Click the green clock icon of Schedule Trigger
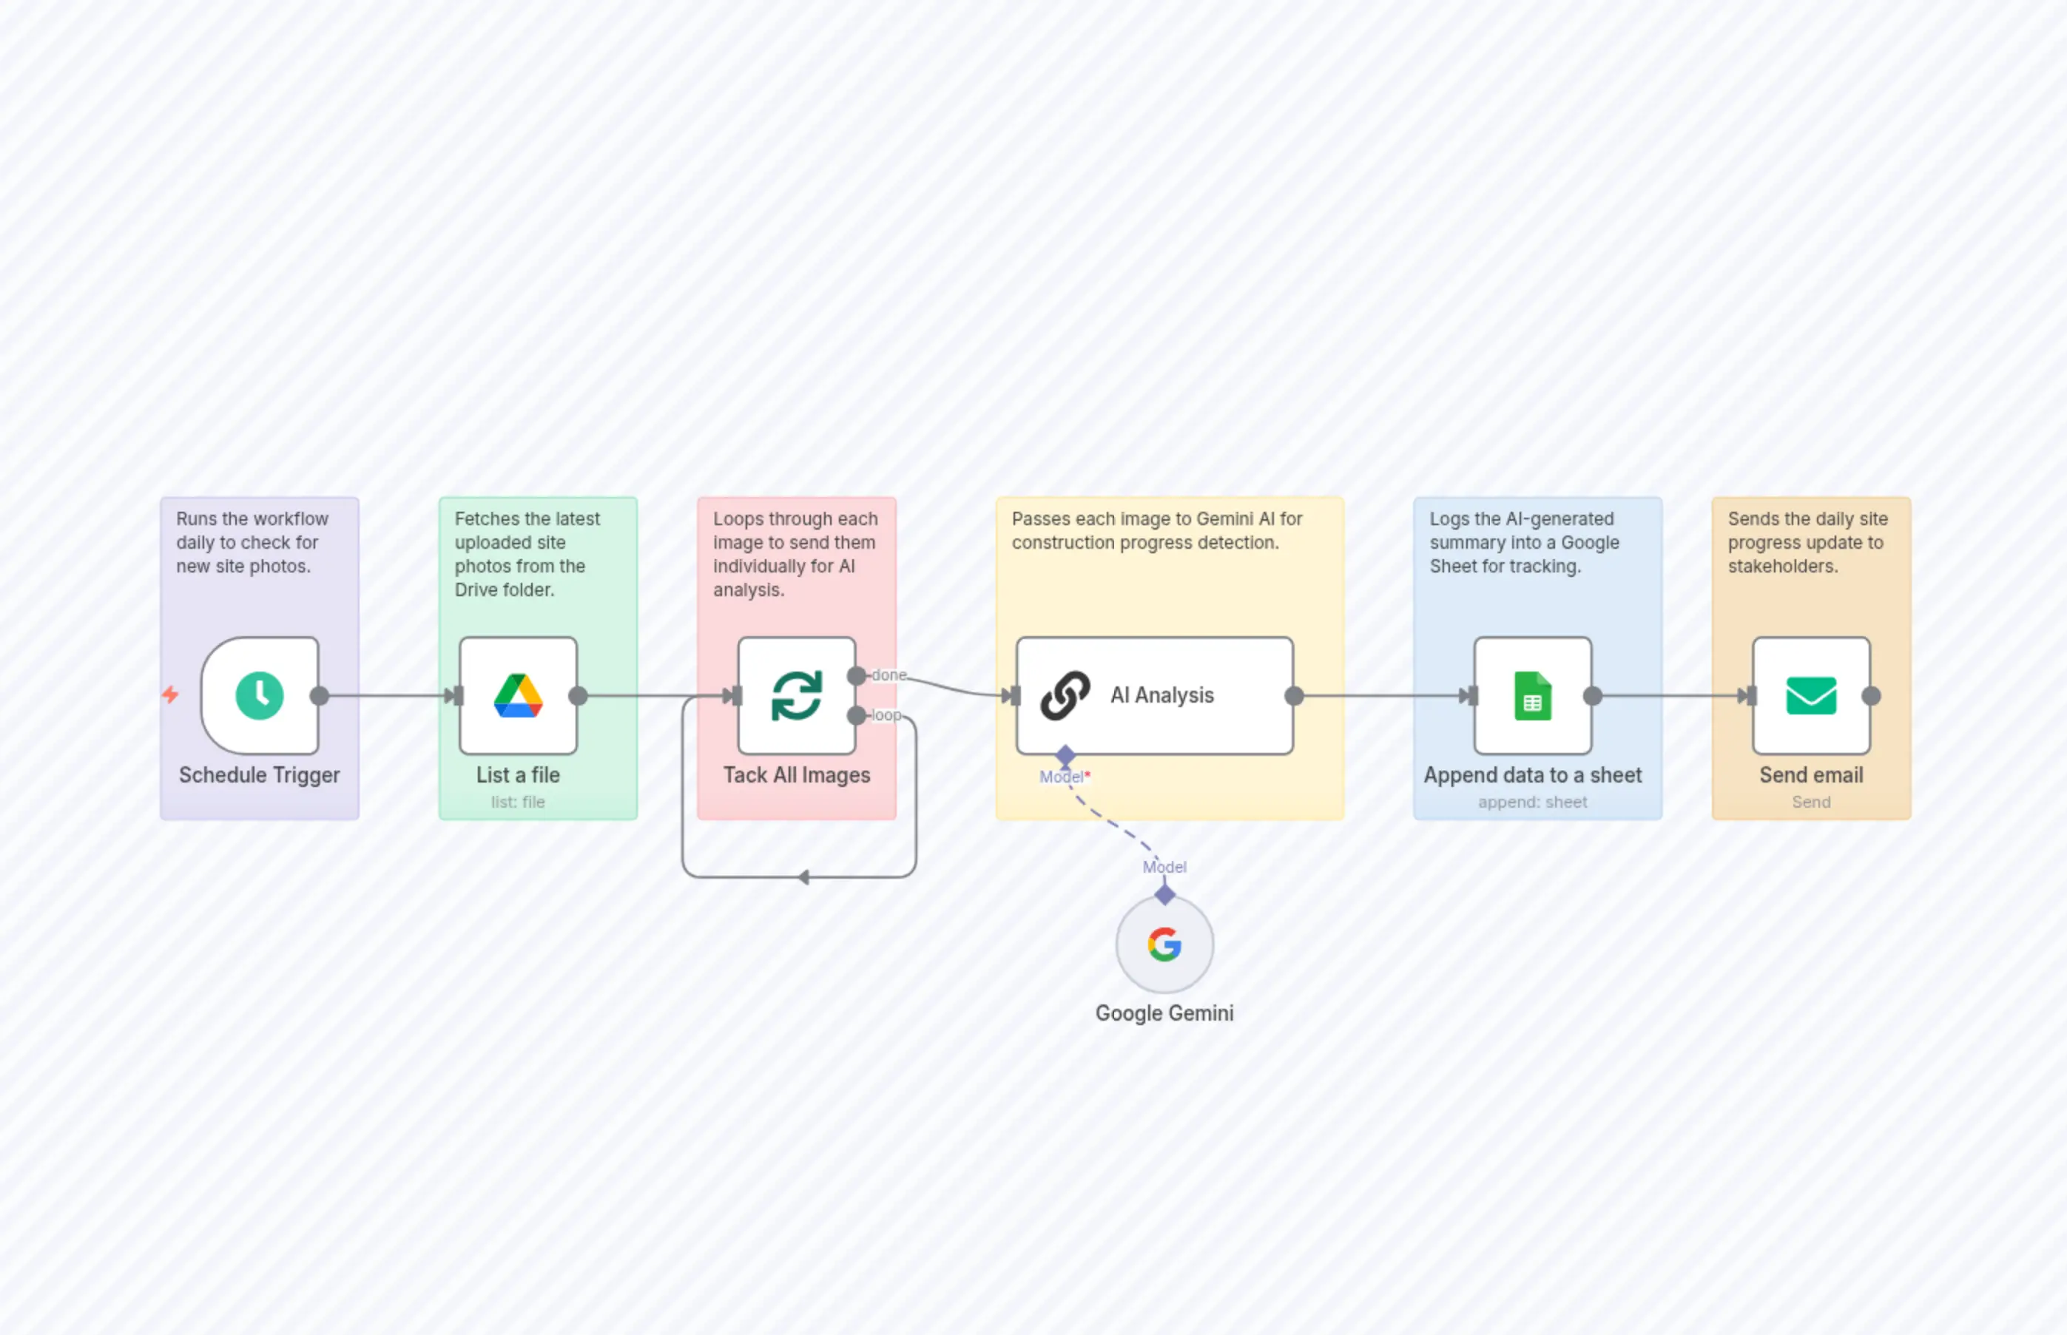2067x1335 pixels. [259, 695]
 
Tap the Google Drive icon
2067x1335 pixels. [518, 695]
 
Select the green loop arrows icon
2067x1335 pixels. [796, 695]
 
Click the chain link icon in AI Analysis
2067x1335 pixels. [1065, 695]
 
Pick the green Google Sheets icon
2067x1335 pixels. [1532, 695]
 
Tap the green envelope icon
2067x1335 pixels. [1810, 695]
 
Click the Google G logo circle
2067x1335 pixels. [1164, 944]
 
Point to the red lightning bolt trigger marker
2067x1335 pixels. [171, 694]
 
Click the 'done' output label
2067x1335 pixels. [888, 675]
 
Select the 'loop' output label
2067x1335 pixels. [886, 715]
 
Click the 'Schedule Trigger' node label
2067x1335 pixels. [259, 775]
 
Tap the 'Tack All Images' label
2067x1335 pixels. [796, 775]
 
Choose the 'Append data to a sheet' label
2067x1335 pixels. [1532, 775]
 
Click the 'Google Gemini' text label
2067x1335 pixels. [1164, 1013]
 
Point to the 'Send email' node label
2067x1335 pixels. [1810, 775]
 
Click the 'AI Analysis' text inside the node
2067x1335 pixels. [1161, 695]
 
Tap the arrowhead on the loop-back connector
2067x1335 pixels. [803, 877]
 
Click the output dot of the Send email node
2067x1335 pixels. [1871, 695]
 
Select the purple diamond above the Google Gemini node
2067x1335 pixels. [1164, 893]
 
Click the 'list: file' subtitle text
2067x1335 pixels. [518, 802]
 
